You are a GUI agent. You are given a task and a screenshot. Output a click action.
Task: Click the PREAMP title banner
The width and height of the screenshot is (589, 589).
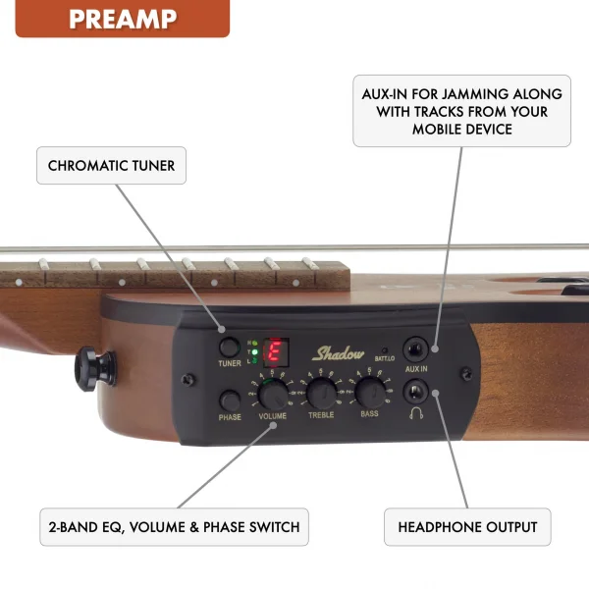[122, 19]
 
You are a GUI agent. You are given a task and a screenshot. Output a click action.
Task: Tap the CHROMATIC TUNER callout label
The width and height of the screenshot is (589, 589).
[111, 166]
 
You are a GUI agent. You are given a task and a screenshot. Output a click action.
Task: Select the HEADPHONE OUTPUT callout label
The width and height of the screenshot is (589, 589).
[467, 527]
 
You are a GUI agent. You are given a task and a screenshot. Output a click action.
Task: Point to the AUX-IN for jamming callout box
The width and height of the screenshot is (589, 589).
[461, 112]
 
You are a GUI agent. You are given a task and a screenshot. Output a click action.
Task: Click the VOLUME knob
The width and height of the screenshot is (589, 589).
[274, 394]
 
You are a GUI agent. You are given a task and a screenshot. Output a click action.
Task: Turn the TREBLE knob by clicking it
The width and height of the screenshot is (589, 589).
[322, 394]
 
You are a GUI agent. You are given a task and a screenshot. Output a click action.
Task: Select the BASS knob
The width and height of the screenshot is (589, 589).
[369, 394]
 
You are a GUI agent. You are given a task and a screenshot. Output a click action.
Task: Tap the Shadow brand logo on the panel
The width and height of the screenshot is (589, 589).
[338, 354]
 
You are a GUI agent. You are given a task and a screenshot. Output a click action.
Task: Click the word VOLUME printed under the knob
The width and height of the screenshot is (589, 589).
[274, 416]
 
